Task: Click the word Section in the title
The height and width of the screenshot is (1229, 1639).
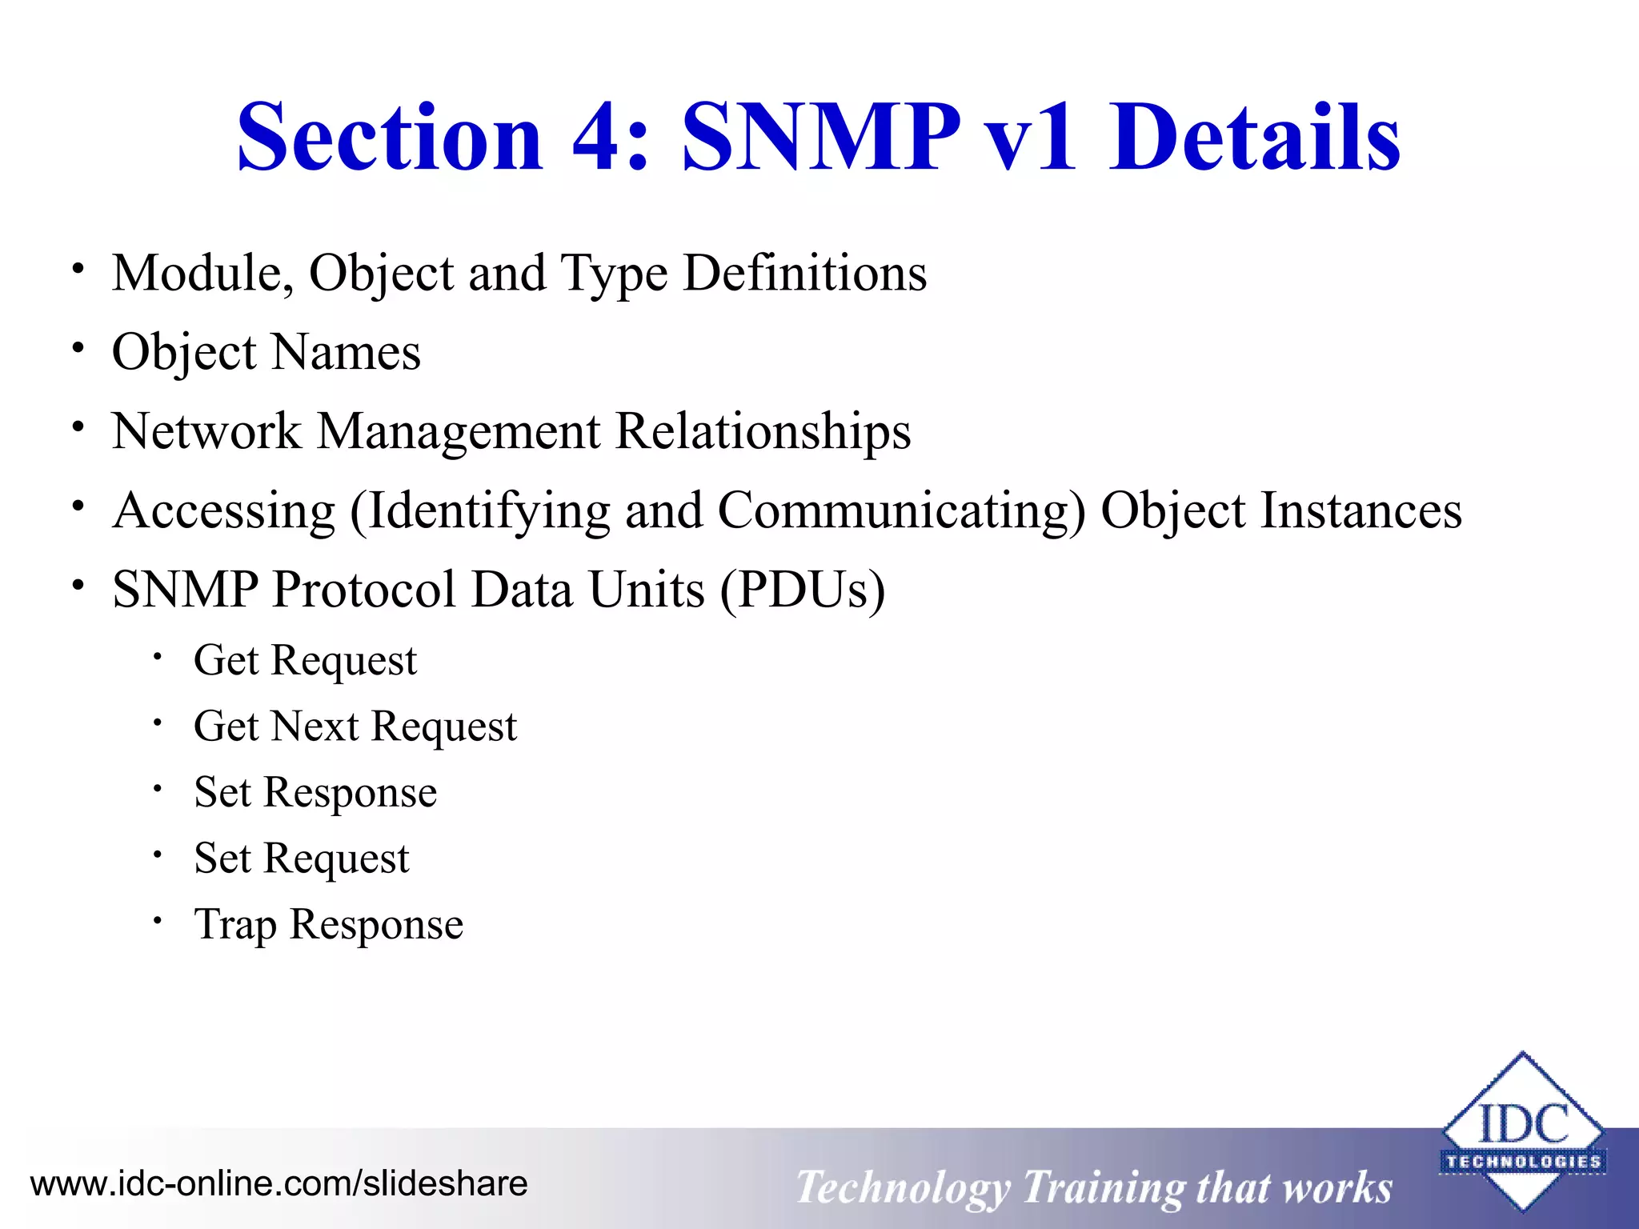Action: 390,138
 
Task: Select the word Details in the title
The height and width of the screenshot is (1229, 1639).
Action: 1254,138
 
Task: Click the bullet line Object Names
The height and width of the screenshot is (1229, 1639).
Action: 266,352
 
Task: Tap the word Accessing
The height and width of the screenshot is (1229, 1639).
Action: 224,510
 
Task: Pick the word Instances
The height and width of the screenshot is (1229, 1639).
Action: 1360,510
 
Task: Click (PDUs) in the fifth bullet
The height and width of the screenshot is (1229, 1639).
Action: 802,590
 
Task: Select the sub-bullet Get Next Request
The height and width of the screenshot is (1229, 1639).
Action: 355,727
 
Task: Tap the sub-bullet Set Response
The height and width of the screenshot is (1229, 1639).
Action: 315,792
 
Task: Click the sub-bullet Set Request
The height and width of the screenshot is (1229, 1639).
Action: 302,859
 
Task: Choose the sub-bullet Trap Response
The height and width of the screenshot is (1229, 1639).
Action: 328,925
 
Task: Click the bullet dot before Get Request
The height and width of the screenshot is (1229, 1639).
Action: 158,658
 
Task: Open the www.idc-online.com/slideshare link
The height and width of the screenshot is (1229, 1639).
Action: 279,1183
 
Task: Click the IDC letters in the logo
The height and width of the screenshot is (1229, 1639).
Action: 1523,1123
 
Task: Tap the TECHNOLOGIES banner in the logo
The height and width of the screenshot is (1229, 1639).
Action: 1523,1162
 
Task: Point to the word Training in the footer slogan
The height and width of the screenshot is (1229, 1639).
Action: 1102,1187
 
